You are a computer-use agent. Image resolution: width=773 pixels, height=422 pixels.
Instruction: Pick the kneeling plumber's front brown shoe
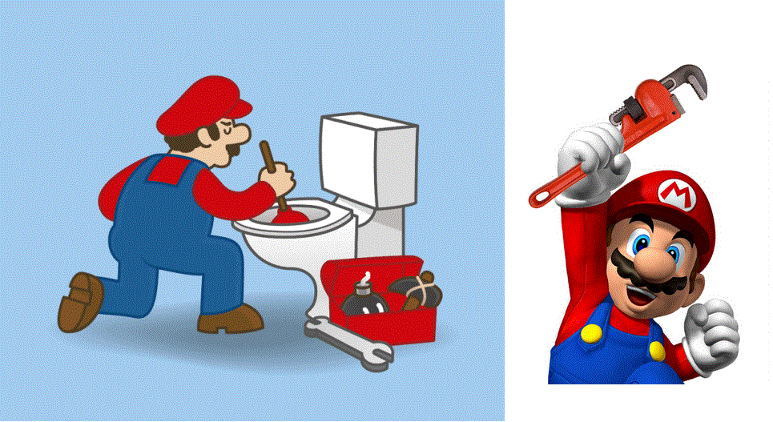[228, 320]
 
